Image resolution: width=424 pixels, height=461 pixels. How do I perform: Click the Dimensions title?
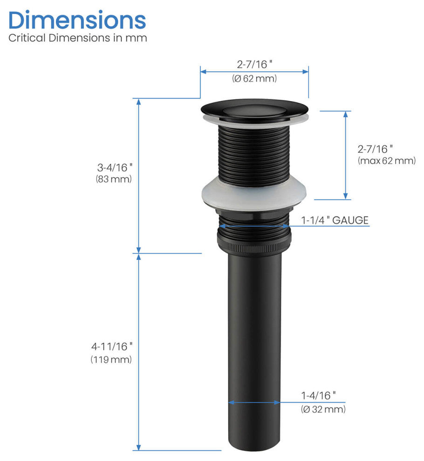point(77,20)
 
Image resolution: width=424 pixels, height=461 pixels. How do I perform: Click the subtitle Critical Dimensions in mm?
point(77,38)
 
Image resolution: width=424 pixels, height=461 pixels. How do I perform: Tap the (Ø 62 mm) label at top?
point(254,79)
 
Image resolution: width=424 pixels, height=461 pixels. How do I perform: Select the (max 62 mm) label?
point(387,161)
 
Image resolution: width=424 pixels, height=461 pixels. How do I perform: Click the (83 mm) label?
point(114,179)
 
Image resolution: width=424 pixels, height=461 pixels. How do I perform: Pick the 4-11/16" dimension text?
point(112,346)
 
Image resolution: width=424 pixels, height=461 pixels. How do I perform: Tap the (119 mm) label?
point(111,359)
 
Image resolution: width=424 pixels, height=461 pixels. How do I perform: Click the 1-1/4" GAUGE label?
point(335,220)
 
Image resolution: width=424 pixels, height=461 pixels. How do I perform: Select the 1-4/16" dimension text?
point(318,396)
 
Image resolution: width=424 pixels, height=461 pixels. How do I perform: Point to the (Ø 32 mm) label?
point(323,409)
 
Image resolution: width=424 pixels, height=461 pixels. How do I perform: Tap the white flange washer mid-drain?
point(254,194)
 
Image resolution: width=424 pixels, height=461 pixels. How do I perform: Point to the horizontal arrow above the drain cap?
point(254,71)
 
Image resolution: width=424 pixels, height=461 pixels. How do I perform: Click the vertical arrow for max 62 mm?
point(346,155)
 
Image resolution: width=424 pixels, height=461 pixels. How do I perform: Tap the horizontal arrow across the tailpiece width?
point(254,402)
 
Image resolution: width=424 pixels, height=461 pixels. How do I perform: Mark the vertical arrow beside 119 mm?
point(138,352)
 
